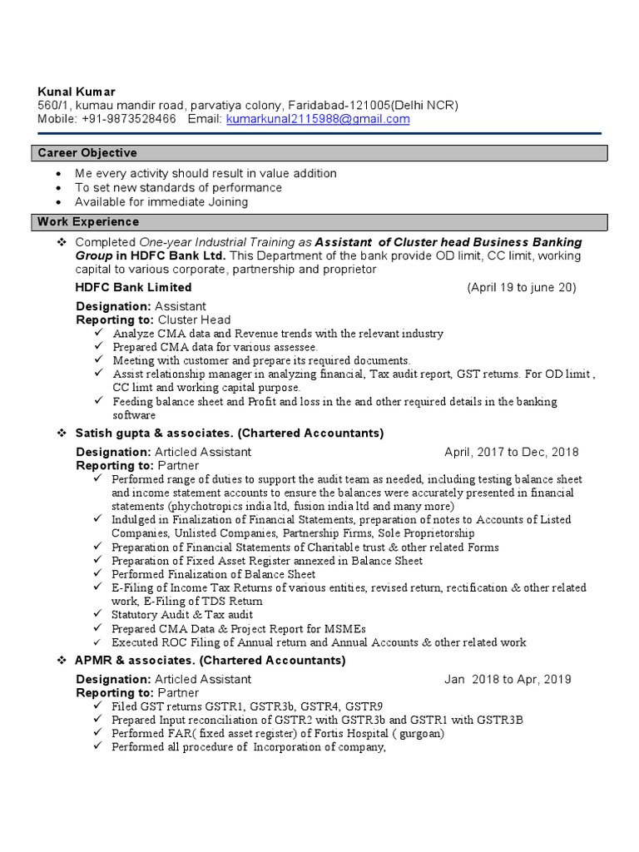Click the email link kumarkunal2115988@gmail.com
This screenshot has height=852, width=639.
coord(317,119)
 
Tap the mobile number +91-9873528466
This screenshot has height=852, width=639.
coord(129,119)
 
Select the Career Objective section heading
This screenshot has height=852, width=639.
coord(87,153)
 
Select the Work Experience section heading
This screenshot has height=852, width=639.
coord(87,222)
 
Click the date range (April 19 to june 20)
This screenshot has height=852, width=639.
coord(521,287)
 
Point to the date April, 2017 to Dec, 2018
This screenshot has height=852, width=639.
coord(511,452)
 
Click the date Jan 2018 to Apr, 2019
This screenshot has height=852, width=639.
coord(508,679)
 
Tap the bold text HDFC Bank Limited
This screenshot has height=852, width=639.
coord(133,287)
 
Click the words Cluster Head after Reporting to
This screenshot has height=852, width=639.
coord(194,319)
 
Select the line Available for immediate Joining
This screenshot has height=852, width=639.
coord(161,201)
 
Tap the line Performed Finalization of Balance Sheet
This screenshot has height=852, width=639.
coord(214,574)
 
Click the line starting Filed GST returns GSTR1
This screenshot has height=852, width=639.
coord(247,706)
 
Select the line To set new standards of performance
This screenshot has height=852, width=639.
coord(178,187)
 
